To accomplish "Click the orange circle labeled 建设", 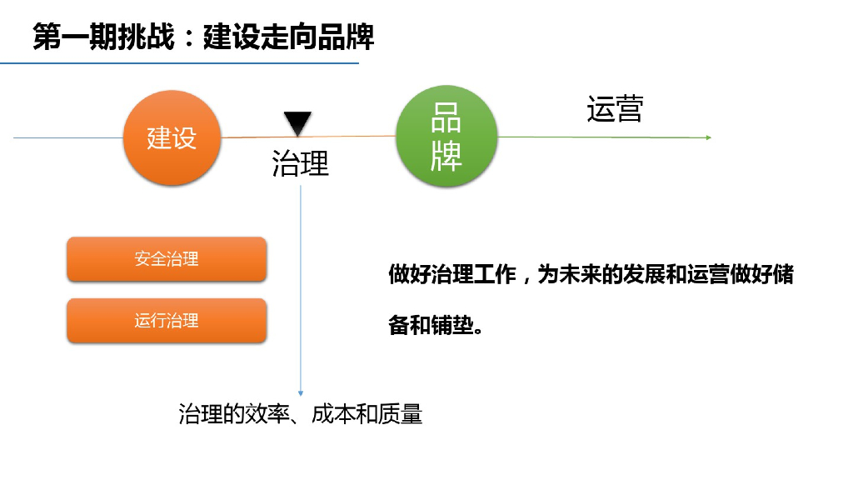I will tap(172, 137).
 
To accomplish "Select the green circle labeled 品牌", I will tap(446, 137).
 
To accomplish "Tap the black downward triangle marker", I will tap(297, 123).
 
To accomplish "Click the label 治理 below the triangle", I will tap(301, 163).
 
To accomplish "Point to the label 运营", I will tap(615, 109).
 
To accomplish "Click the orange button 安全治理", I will tap(167, 259).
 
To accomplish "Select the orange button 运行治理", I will tap(167, 320).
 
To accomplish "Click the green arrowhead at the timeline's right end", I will tap(708, 137).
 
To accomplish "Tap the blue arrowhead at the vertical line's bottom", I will tap(301, 393).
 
